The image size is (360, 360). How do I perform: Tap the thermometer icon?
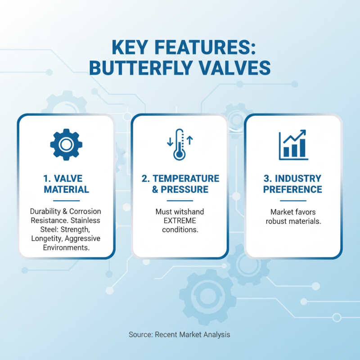click(x=180, y=144)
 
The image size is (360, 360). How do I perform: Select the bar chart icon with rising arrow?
click(x=293, y=144)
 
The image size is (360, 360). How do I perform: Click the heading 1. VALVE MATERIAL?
click(x=66, y=184)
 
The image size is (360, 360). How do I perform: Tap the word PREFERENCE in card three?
click(x=293, y=189)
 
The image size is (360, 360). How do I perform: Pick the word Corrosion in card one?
click(x=85, y=211)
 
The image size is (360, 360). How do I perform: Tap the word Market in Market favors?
click(x=282, y=211)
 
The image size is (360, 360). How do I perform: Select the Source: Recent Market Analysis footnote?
click(x=180, y=334)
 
